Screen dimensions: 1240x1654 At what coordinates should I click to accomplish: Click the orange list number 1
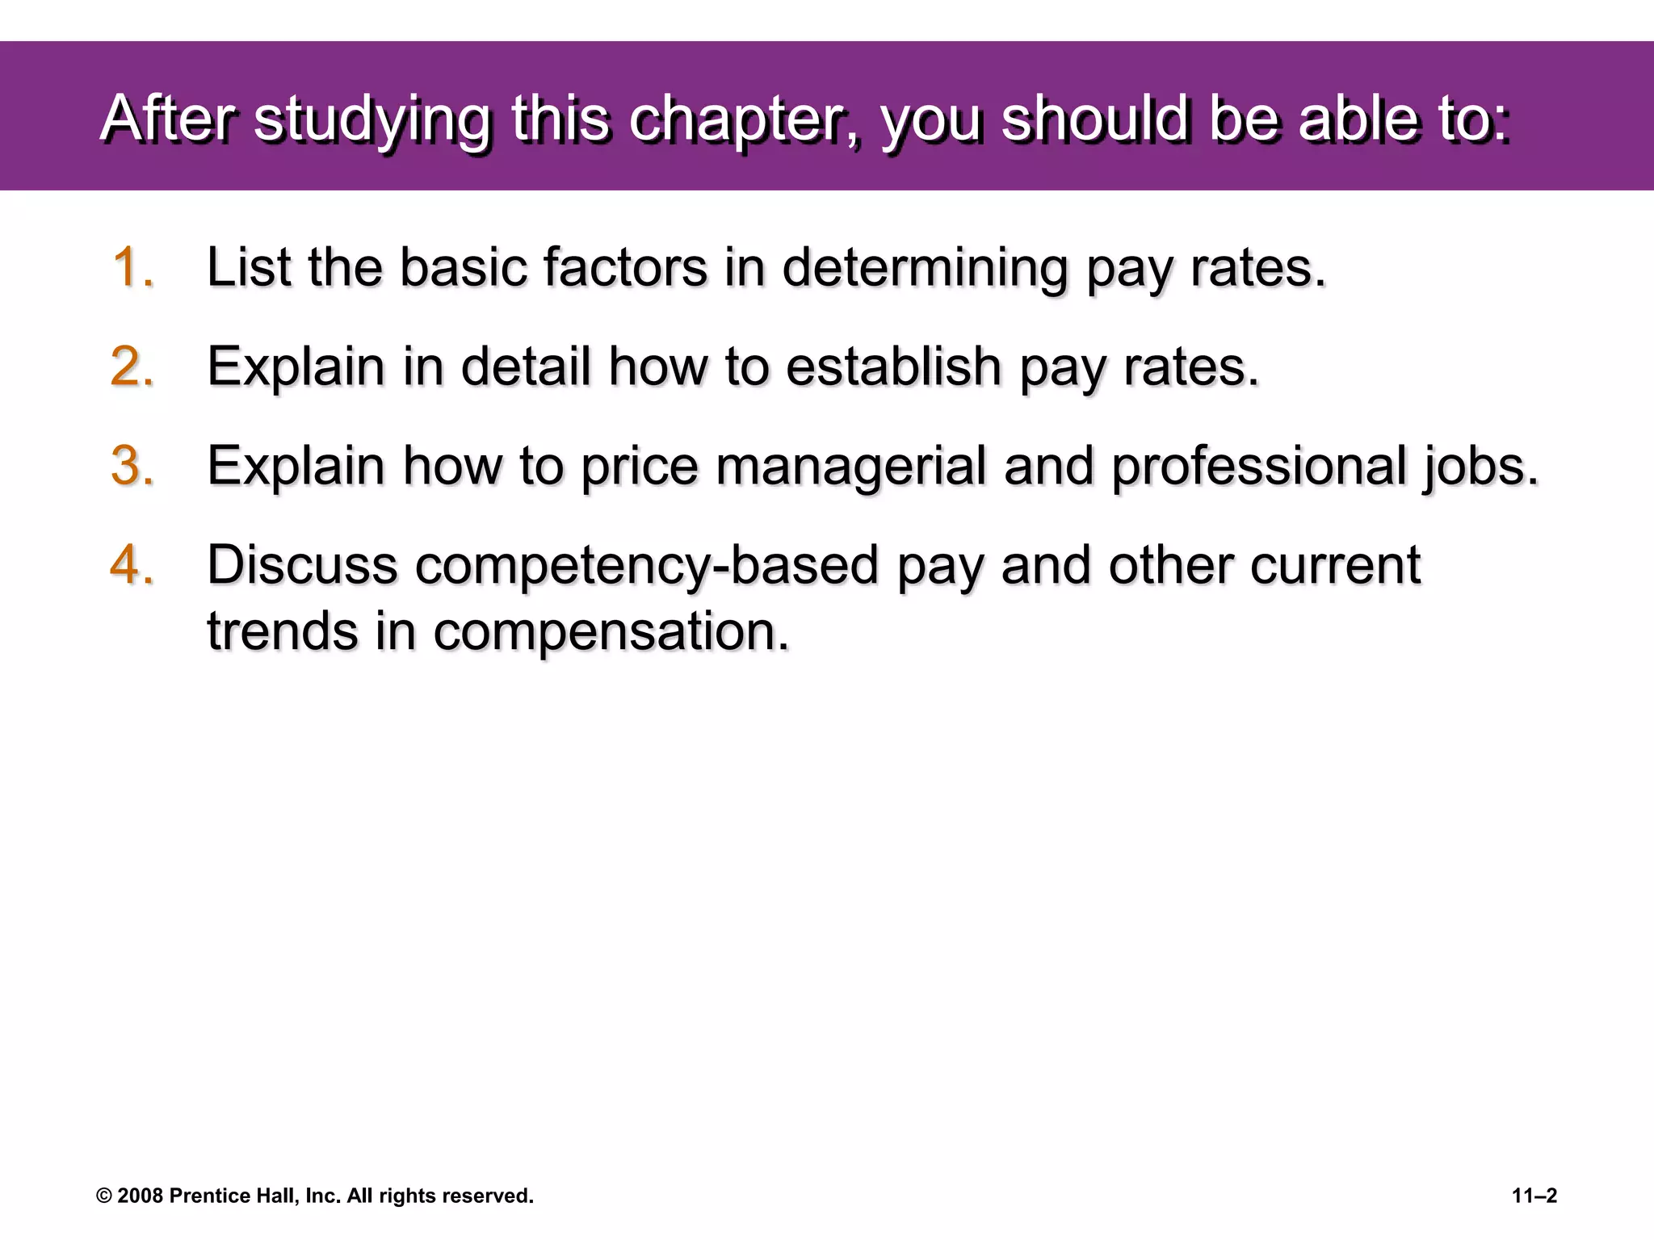click(x=132, y=267)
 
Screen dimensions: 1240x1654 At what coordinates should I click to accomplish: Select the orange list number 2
click(x=132, y=367)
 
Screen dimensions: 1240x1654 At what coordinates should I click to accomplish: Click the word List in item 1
click(x=248, y=267)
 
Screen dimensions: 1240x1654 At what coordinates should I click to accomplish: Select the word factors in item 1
click(x=625, y=267)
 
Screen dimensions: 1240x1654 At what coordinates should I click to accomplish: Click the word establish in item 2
click(x=893, y=367)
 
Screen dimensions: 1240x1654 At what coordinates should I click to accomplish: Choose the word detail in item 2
click(x=526, y=367)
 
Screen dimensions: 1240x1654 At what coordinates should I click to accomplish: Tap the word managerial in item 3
click(x=850, y=467)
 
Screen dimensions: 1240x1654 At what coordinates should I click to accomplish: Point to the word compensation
click(x=611, y=631)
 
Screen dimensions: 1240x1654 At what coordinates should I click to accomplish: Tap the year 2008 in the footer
click(x=141, y=1196)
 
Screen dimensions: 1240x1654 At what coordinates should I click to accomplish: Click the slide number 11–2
click(x=1534, y=1196)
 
